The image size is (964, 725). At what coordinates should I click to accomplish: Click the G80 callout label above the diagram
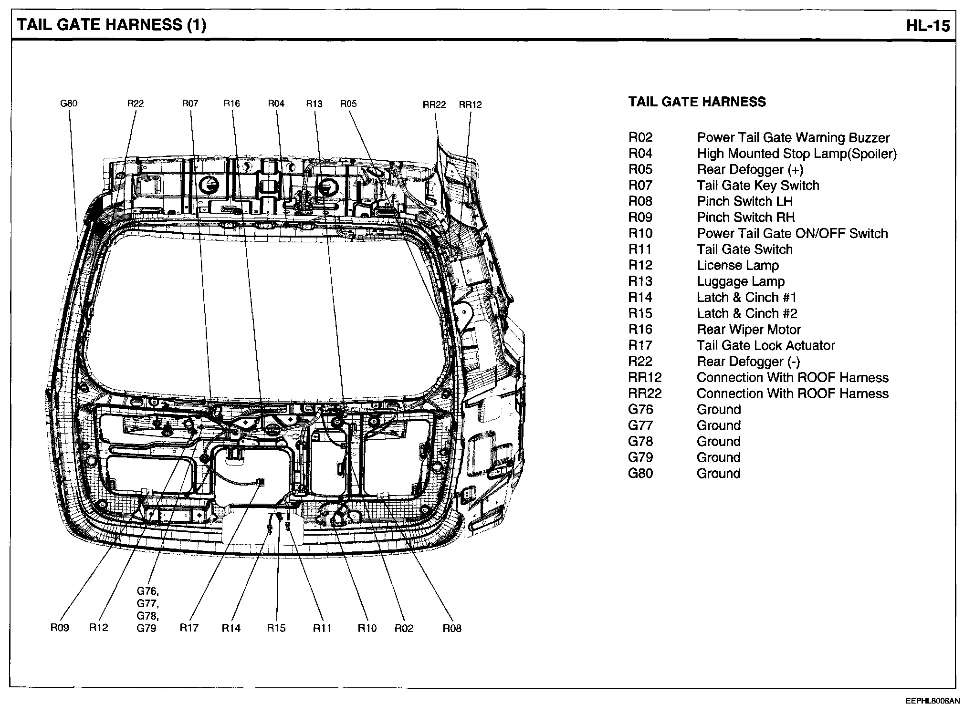point(69,103)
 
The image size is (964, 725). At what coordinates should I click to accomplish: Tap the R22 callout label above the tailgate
point(136,103)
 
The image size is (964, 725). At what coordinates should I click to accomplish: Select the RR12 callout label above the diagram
point(471,104)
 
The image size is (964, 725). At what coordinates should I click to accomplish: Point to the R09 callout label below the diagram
point(60,628)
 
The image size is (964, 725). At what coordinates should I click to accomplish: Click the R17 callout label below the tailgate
point(189,628)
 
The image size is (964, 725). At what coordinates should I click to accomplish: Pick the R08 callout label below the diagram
point(452,628)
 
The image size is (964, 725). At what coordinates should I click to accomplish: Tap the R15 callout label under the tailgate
point(276,628)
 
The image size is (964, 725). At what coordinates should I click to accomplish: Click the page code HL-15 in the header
point(928,25)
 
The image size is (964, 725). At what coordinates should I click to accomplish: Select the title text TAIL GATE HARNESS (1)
point(112,25)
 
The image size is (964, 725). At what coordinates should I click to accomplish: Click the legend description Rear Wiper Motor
point(749,330)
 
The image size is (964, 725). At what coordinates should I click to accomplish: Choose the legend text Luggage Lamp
point(741,281)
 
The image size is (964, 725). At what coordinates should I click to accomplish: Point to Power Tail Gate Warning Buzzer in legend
point(793,138)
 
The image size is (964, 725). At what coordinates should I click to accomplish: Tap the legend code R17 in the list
point(640,345)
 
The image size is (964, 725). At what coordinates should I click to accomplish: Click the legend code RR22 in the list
point(645,394)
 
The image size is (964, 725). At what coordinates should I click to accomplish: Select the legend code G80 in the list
point(640,474)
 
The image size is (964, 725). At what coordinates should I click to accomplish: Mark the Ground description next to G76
point(719,410)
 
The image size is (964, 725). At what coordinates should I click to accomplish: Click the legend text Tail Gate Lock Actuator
point(766,345)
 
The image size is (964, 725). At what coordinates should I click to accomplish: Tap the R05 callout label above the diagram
point(348,104)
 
